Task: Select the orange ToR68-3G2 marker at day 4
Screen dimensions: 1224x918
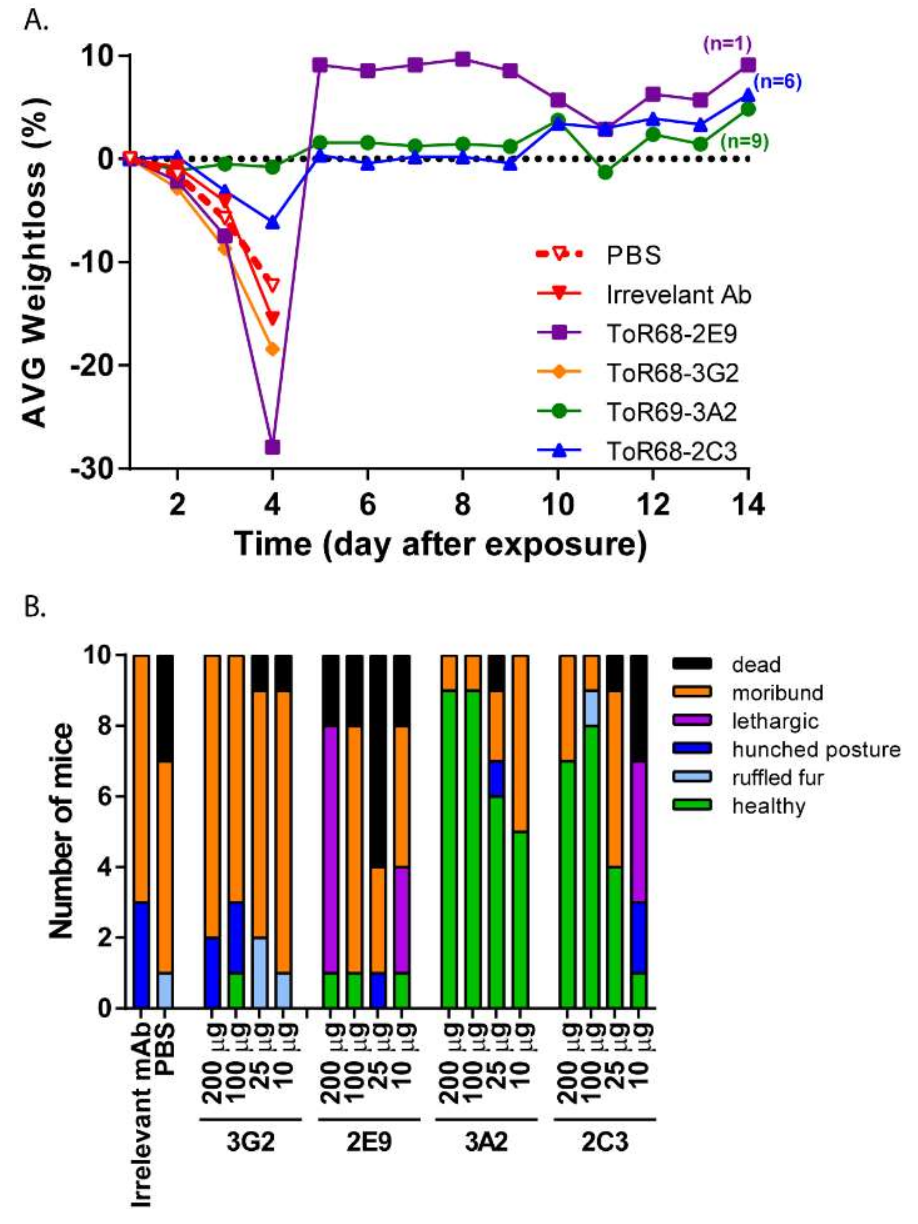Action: click(273, 349)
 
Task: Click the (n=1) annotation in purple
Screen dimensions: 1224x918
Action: click(727, 43)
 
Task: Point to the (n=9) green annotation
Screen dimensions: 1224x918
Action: click(744, 142)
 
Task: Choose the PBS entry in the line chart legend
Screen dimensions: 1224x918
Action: click(634, 256)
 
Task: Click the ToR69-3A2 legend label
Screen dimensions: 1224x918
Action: click(671, 413)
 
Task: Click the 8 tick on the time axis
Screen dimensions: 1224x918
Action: click(462, 505)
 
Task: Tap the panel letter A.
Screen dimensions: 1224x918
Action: click(36, 23)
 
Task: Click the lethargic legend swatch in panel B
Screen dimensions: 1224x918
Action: click(691, 721)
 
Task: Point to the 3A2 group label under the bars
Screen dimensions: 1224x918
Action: click(486, 1142)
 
